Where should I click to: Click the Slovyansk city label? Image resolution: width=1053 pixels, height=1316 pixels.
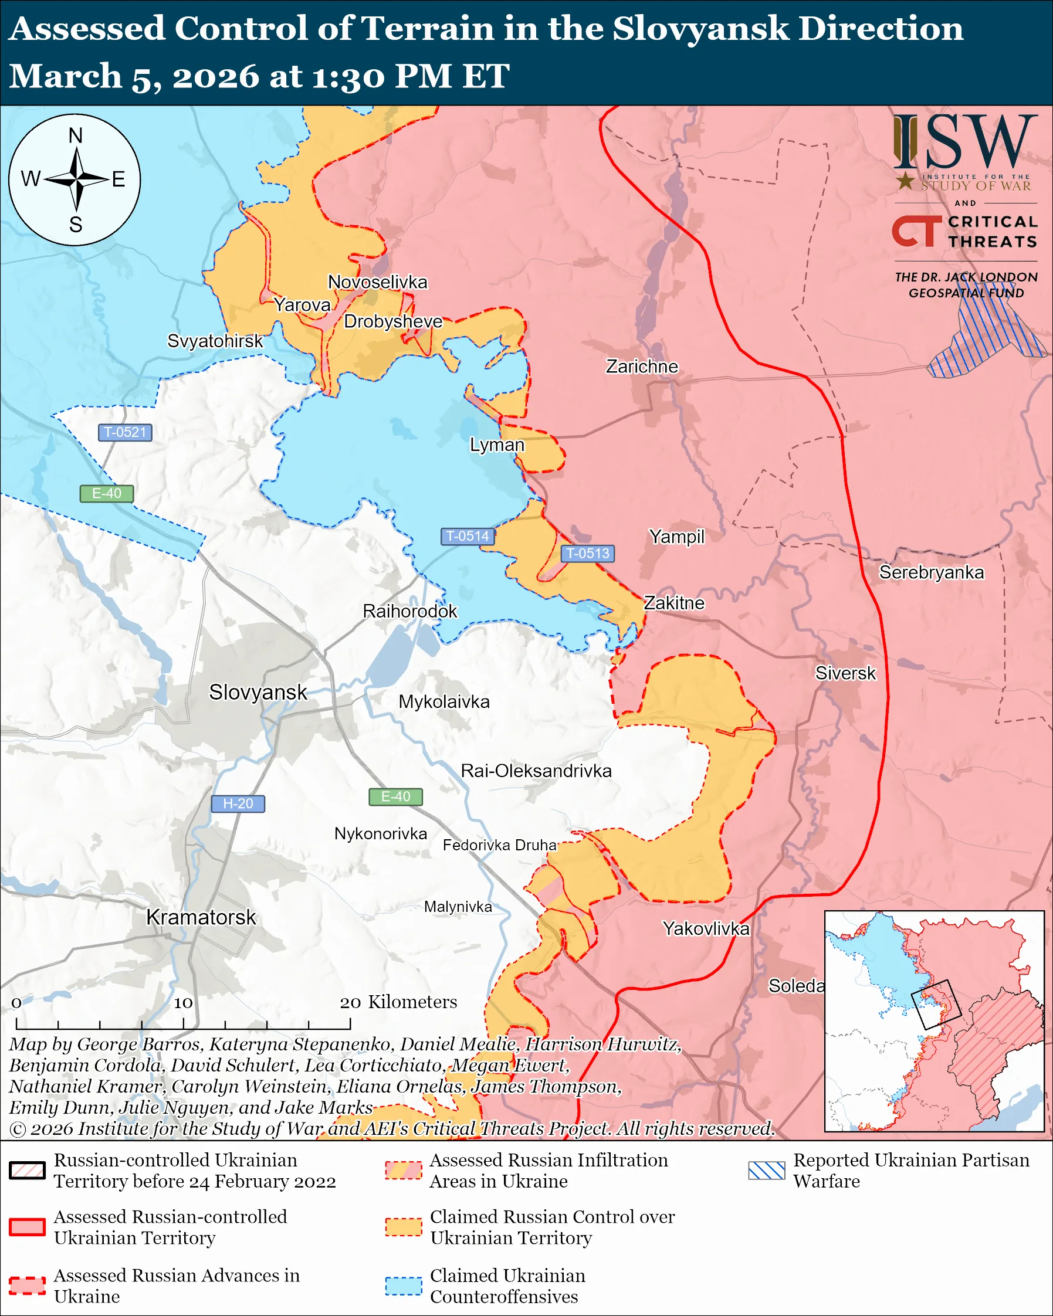(x=258, y=692)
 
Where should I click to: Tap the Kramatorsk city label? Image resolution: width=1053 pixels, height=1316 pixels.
(x=201, y=917)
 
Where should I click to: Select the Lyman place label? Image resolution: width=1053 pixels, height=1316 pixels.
(x=497, y=445)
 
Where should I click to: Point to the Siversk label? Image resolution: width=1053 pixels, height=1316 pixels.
(x=845, y=673)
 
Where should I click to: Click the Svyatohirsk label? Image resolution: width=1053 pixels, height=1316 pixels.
(x=215, y=341)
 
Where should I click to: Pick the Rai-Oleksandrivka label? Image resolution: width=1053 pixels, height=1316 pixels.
(x=536, y=771)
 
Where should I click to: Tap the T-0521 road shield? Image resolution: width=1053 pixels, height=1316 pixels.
(x=125, y=432)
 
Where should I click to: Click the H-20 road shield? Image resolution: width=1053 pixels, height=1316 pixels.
(x=238, y=804)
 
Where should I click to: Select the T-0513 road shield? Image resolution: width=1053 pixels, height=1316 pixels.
(x=587, y=553)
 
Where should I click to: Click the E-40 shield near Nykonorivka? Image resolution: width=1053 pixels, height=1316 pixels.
(x=395, y=796)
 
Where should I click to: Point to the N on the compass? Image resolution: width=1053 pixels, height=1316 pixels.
(x=75, y=135)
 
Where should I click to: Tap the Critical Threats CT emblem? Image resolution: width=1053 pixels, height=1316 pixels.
(x=916, y=230)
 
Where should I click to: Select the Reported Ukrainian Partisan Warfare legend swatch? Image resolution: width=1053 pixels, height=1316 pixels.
(x=766, y=1170)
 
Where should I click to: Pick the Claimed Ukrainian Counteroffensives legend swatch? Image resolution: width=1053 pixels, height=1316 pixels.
(x=404, y=1286)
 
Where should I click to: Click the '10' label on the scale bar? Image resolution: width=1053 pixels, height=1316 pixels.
(x=183, y=1003)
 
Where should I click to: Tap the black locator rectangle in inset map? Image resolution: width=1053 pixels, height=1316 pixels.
(x=936, y=1004)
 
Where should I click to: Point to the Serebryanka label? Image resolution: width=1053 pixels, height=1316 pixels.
(x=931, y=572)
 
